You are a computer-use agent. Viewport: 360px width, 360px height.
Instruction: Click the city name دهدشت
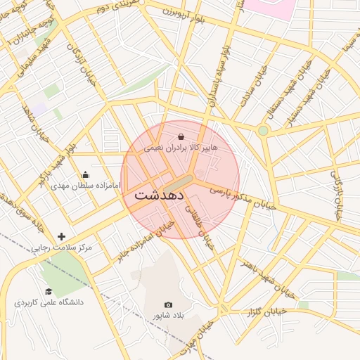click(x=157, y=195)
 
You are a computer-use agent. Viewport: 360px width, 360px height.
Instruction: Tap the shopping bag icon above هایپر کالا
click(x=181, y=136)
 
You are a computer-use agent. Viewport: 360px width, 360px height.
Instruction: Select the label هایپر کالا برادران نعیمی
click(x=181, y=148)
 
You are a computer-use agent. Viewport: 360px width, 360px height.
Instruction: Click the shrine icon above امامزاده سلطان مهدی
click(x=86, y=175)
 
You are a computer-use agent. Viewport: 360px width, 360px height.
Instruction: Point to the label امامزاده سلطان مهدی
click(x=86, y=186)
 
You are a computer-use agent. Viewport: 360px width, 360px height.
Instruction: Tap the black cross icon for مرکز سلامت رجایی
click(x=62, y=237)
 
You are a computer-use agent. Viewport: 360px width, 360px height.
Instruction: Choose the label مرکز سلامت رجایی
click(x=63, y=249)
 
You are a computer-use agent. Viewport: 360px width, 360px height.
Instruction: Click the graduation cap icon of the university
click(x=49, y=291)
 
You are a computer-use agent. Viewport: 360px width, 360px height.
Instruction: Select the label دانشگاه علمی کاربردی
click(x=49, y=302)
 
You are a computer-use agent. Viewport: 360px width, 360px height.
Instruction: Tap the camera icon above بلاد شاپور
click(x=168, y=304)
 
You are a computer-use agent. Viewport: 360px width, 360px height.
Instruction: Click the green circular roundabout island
click(x=263, y=131)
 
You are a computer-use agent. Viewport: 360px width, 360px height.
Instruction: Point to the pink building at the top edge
click(x=269, y=8)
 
